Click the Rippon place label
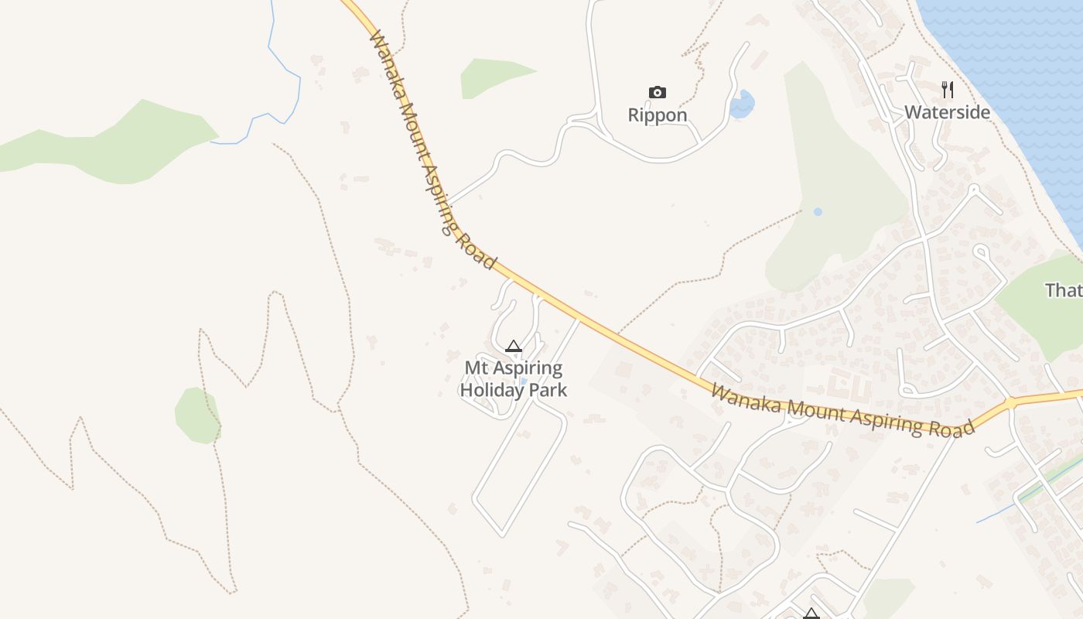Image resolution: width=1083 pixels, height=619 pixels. tap(657, 115)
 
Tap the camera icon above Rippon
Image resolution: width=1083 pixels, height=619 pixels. tap(657, 93)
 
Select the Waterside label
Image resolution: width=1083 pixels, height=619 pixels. tap(947, 112)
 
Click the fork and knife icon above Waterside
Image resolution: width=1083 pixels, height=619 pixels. tap(947, 90)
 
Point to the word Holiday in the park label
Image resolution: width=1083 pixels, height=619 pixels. tap(492, 390)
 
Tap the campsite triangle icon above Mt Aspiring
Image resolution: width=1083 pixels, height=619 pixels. tap(513, 347)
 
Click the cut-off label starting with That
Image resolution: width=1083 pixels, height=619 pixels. tap(1064, 290)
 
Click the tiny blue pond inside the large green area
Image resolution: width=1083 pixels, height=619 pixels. tap(818, 211)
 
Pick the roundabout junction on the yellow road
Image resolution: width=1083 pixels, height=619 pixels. tap(1010, 403)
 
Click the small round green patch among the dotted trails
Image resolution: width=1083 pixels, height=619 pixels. tap(197, 416)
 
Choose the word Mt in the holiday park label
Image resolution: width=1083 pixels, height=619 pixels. tap(477, 368)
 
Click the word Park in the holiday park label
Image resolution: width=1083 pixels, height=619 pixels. tap(547, 390)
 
